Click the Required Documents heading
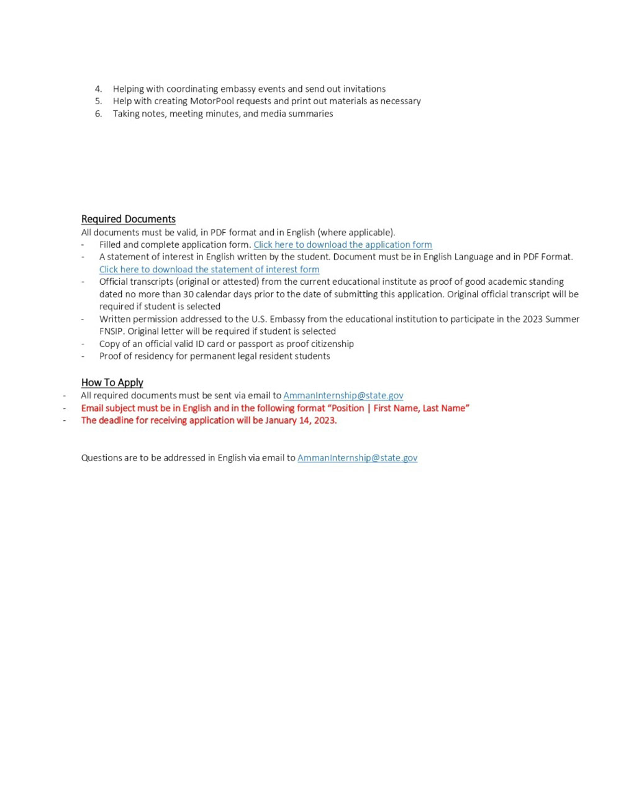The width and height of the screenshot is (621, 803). coord(128,219)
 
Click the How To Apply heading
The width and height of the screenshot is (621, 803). coord(112,382)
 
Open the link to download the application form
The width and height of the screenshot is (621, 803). coord(342,244)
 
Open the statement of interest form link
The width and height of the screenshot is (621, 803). coord(209,269)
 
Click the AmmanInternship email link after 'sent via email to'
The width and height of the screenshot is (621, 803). coord(343,395)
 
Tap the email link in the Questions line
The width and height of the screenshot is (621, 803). coord(357,458)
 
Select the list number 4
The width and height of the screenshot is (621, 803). coord(98,89)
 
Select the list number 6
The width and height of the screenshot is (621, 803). coord(98,114)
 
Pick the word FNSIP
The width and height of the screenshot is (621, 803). coord(111,331)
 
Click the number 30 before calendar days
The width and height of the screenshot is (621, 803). coord(188,294)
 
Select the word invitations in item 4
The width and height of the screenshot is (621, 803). coord(365,89)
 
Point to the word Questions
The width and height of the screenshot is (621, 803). coord(101,458)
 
